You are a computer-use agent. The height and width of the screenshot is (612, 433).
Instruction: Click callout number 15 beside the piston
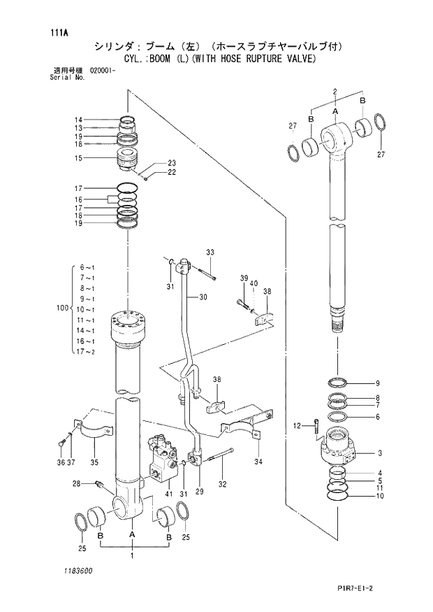click(x=80, y=158)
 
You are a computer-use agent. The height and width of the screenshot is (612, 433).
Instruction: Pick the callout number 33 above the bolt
click(x=210, y=252)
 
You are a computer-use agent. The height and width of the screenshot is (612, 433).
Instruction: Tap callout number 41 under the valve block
click(x=168, y=494)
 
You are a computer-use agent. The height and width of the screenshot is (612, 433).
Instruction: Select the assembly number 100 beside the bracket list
click(x=61, y=308)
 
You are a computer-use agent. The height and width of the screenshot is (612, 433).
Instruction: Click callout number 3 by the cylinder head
click(x=379, y=453)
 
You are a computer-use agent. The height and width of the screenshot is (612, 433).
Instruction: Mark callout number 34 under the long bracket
click(x=258, y=462)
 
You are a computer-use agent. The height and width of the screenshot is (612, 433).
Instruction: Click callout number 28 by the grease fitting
click(x=78, y=483)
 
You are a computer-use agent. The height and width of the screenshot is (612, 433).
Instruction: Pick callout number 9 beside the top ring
click(x=377, y=383)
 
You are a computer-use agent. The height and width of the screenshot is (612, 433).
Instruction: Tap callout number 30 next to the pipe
click(x=203, y=297)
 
